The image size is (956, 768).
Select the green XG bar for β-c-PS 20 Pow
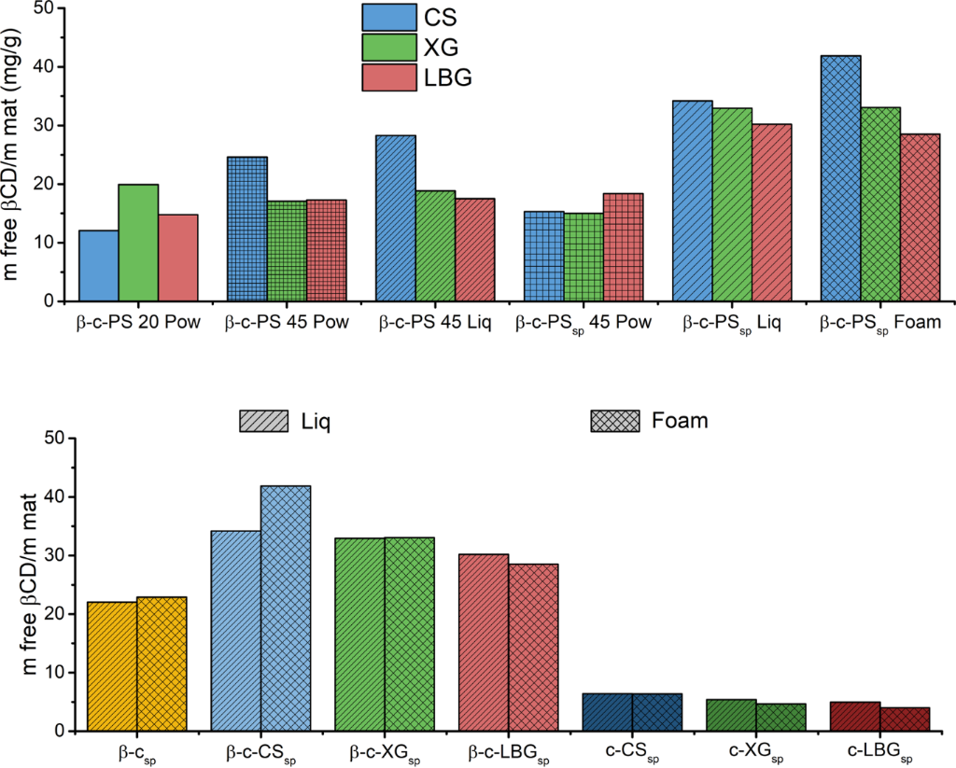click(x=138, y=244)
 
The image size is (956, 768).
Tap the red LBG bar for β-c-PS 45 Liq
click(x=475, y=250)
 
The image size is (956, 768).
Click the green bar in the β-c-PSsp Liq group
click(x=732, y=205)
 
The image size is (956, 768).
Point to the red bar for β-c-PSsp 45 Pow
click(x=624, y=247)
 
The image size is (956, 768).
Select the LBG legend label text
click(x=447, y=78)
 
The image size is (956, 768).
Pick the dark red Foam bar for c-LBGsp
click(x=905, y=719)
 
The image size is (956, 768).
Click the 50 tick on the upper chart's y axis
click(x=42, y=9)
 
